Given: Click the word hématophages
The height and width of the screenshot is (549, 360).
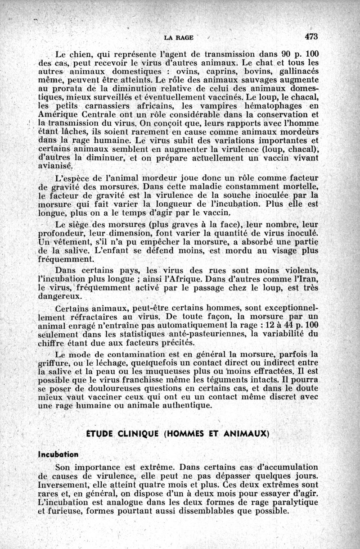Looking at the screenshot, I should [266, 106].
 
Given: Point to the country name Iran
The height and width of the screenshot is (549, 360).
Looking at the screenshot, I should [309, 279].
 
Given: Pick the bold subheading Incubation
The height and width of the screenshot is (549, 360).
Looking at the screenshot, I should [58, 454].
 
